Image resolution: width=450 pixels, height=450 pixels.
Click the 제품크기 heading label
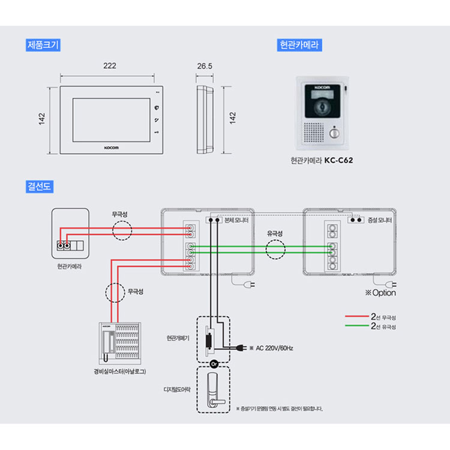coord(43,44)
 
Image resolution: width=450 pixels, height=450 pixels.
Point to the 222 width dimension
coord(109,66)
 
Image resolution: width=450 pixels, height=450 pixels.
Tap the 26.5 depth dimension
coord(205,66)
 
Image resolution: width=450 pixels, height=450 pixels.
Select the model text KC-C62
coord(340,161)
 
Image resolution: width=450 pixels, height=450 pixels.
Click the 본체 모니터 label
coord(236,220)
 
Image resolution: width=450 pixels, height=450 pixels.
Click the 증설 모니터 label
coord(380,220)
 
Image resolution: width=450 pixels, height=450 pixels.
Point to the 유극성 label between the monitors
coord(275,233)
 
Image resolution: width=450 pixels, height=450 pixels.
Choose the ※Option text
coord(380,293)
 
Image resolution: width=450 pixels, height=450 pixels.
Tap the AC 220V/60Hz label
coord(274,348)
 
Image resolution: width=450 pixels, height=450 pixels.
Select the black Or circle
coord(213,364)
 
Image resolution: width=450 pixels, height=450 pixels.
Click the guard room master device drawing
coord(120,341)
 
